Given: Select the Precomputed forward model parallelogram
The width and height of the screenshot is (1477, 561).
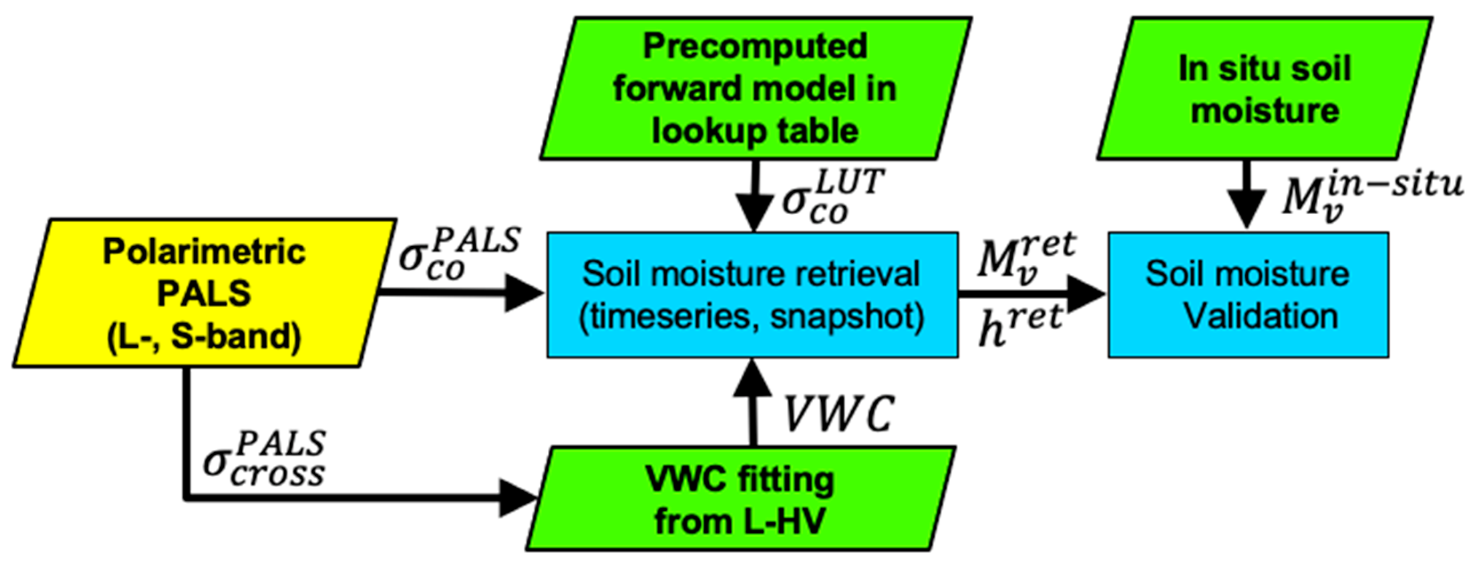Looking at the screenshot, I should point(755,88).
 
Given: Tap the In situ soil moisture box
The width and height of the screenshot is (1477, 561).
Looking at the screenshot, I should point(1264,88).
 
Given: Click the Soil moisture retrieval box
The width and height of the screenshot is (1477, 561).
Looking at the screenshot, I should point(752,295).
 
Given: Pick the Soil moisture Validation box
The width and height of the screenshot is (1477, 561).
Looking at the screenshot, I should point(1248,295).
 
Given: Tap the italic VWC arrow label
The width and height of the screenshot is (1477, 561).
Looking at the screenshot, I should point(838,414).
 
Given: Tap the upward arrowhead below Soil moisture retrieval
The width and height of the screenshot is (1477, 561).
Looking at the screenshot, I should point(752,379).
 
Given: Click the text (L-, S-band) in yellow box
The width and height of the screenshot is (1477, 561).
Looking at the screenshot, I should point(204,337).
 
